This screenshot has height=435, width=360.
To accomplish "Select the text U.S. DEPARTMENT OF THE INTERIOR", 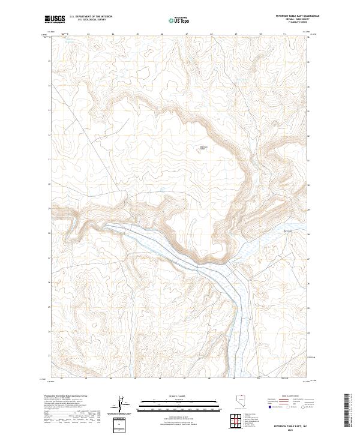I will (91, 17).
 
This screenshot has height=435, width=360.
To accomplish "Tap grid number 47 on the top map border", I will (187, 34).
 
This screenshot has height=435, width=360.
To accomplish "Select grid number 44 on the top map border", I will (113, 34).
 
